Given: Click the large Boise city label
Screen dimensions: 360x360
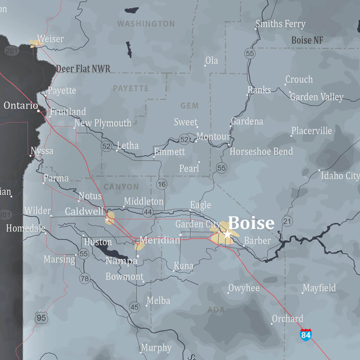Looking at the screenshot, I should click(251, 223).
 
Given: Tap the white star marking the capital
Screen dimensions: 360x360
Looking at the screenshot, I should click(227, 234).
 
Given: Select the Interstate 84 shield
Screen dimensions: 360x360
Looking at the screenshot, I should click(306, 335).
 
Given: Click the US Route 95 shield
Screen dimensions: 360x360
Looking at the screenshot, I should click(41, 318).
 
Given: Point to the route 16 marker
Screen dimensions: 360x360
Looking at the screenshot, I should click(161, 184).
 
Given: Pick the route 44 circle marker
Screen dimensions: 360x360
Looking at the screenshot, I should click(148, 212).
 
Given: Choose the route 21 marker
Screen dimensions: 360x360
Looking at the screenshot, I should click(287, 221).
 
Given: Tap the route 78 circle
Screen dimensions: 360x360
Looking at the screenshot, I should click(84, 279).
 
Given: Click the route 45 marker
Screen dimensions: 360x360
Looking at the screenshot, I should click(134, 307).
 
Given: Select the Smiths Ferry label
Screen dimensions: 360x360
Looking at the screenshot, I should click(280, 24).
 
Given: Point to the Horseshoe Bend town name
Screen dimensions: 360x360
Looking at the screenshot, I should click(261, 152).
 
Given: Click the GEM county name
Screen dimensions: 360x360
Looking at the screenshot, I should click(189, 105).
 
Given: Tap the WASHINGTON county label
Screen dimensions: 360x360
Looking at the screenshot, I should click(146, 24).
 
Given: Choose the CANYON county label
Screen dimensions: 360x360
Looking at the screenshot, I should click(121, 187).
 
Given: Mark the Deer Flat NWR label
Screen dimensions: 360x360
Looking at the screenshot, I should click(83, 69).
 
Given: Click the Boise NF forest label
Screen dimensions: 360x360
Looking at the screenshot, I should click(307, 40).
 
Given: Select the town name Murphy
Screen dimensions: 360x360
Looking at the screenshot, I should click(156, 348).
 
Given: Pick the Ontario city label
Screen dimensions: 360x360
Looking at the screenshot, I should click(21, 105).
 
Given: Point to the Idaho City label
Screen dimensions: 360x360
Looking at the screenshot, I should click(340, 175).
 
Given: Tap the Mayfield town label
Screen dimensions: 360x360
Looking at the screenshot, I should click(319, 288).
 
